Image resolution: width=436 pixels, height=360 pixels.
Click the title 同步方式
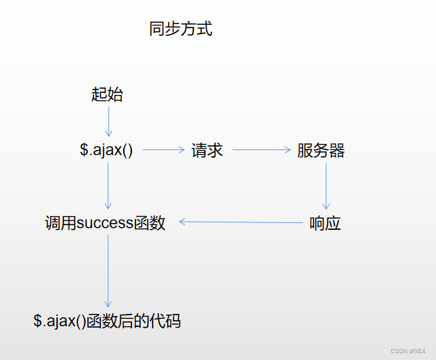click(181, 29)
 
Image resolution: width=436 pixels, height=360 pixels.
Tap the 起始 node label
click(107, 95)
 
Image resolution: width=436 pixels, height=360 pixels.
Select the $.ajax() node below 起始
click(107, 150)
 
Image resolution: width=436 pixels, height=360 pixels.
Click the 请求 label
click(208, 151)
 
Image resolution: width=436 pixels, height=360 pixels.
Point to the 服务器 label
click(320, 151)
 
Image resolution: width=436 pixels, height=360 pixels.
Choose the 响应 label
click(325, 223)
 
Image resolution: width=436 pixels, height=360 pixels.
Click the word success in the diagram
click(106, 223)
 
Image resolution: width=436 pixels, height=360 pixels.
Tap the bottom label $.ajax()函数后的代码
click(107, 320)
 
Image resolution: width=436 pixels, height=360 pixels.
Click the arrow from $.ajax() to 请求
click(164, 149)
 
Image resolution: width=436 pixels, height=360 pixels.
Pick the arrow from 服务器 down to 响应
click(326, 186)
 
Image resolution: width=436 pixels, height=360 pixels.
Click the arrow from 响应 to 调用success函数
click(241, 222)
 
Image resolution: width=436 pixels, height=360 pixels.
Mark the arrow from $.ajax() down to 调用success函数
click(108, 185)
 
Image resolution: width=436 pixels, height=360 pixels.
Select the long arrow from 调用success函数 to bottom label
click(108, 271)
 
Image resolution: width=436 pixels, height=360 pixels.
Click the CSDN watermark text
click(408, 350)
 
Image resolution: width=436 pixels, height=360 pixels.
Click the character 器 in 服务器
click(337, 151)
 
